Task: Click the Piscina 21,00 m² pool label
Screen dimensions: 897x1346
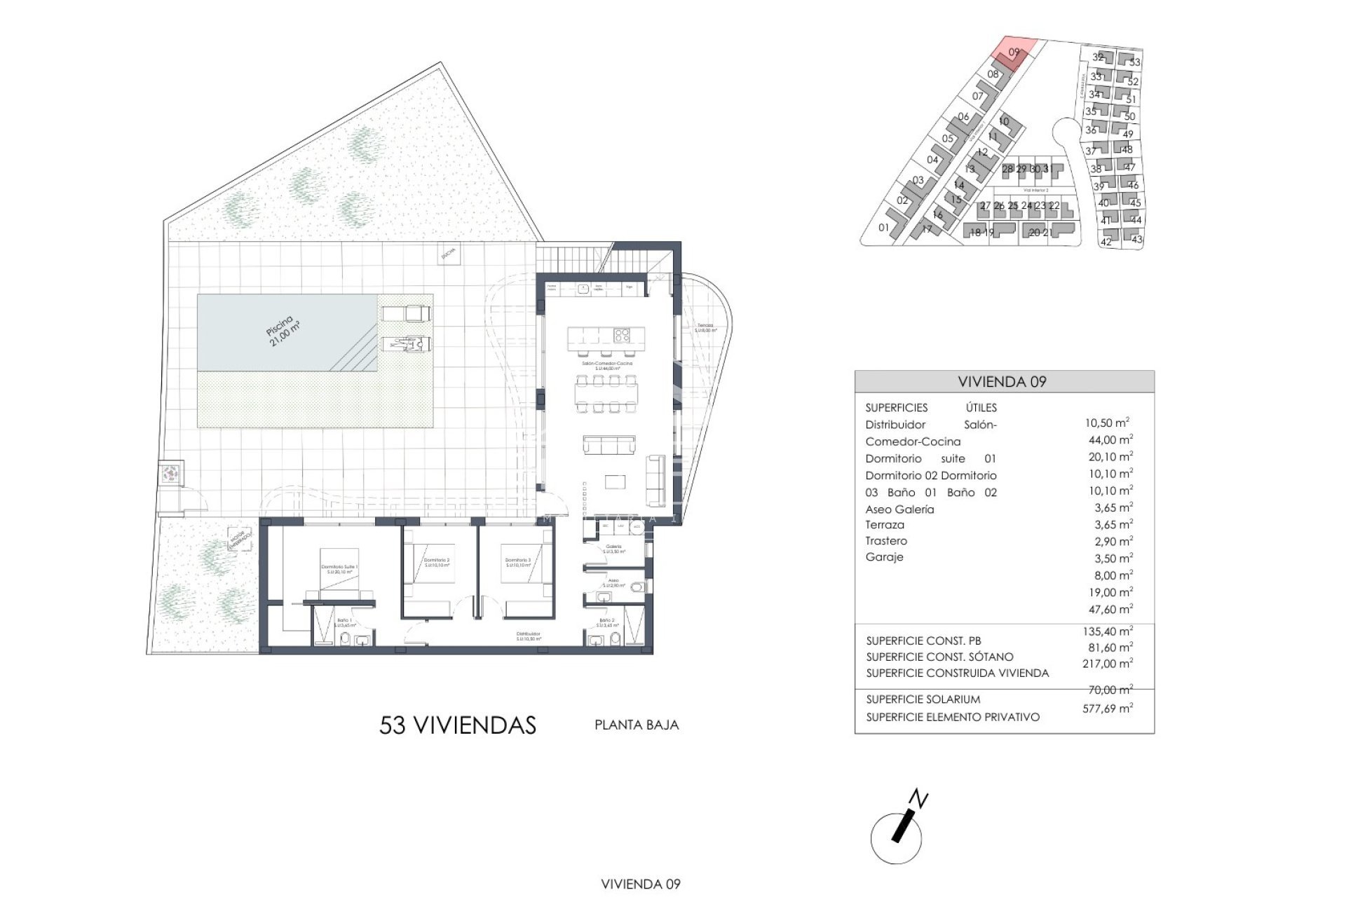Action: tap(283, 331)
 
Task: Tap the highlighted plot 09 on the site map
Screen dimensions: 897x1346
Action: tap(1014, 53)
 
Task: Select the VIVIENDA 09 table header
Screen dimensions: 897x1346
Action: tap(1002, 382)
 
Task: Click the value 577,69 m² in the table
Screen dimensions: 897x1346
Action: tap(1107, 708)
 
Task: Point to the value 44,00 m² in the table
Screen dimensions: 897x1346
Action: tap(1110, 440)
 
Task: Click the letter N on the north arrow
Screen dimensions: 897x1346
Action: tap(918, 800)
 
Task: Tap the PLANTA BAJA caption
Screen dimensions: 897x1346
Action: tap(637, 725)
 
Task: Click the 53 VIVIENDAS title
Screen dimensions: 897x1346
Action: tap(457, 725)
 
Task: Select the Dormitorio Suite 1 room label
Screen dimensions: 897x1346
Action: tap(339, 569)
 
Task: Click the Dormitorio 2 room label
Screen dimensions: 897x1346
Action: tap(437, 562)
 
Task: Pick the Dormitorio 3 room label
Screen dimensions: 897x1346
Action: tap(517, 562)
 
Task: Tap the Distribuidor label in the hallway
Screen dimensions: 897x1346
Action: tap(529, 636)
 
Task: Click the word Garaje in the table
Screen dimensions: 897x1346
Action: tap(884, 557)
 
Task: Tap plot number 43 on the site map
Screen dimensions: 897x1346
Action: tap(1136, 240)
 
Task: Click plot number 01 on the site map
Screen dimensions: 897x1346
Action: tap(883, 228)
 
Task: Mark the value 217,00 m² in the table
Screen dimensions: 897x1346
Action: tap(1107, 664)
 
